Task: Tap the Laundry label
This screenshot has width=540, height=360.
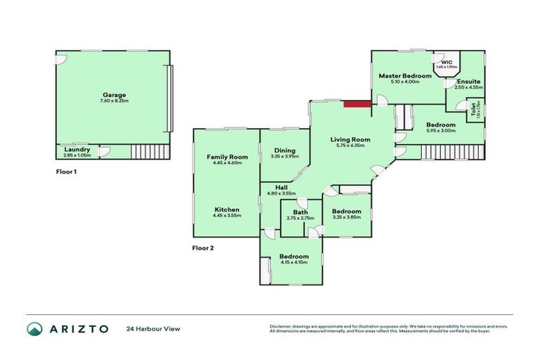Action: [76, 149]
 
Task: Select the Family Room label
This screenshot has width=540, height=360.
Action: [227, 156]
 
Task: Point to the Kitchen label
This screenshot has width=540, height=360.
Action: [227, 210]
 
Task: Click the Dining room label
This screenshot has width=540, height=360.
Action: [283, 150]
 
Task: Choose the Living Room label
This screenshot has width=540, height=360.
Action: [350, 139]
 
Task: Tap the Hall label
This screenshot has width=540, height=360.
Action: [281, 187]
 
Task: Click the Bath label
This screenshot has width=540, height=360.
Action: [300, 212]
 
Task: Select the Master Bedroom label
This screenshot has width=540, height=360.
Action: [404, 75]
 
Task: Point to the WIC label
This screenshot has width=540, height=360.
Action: [447, 62]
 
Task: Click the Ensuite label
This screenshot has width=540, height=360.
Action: [468, 82]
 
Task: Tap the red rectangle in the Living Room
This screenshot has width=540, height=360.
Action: [358, 105]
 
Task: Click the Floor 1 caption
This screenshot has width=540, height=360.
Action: [67, 171]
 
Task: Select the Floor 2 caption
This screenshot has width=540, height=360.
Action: [203, 247]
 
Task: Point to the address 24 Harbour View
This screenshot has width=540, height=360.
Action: [150, 328]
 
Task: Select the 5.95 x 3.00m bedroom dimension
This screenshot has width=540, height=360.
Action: [441, 131]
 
